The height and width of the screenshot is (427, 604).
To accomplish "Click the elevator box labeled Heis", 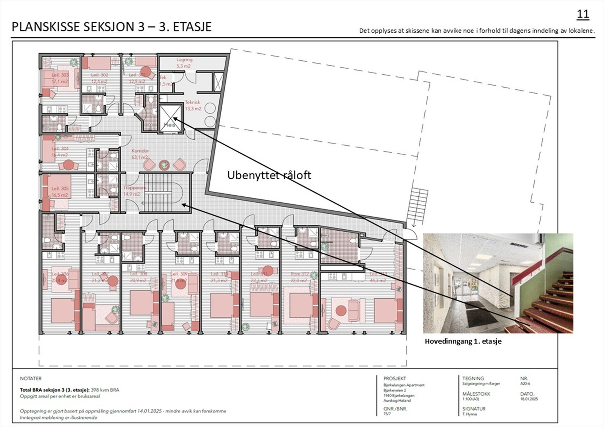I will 170,119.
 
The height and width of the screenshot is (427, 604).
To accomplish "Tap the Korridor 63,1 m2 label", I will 140,154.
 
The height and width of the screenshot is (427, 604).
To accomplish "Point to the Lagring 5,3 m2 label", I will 184,63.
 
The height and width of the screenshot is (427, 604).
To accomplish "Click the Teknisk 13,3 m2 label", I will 193,105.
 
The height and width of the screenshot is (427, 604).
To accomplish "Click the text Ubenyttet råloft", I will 269,175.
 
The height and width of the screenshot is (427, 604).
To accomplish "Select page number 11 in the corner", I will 583,14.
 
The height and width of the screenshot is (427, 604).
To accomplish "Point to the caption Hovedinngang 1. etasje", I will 463,341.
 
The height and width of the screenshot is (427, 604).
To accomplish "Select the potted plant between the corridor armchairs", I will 164,165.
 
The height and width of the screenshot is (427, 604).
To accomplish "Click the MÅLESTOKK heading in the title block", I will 476,394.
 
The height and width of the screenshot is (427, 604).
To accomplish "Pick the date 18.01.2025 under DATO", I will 529,399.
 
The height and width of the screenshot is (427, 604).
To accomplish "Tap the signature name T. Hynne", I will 470,414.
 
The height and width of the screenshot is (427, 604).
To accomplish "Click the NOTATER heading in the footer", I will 31,378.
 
